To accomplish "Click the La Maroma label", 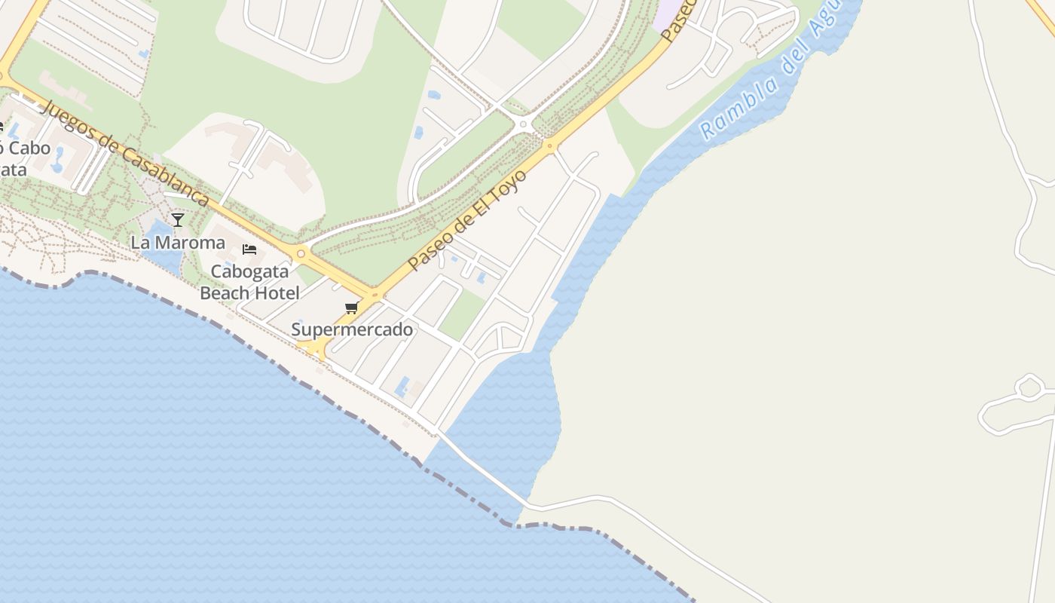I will coord(178,243).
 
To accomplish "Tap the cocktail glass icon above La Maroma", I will coord(178,220).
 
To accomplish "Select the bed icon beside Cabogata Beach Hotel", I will coord(249,249).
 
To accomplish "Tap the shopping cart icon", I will coord(351,308).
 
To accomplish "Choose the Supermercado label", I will coord(352,329).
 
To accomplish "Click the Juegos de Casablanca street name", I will coord(125,153).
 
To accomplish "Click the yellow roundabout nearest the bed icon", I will coord(301,254).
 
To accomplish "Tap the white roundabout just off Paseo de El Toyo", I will coord(523,124).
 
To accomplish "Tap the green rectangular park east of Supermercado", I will coord(461,314).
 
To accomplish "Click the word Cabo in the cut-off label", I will coord(30,148).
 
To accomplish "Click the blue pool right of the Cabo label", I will coord(58,160).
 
